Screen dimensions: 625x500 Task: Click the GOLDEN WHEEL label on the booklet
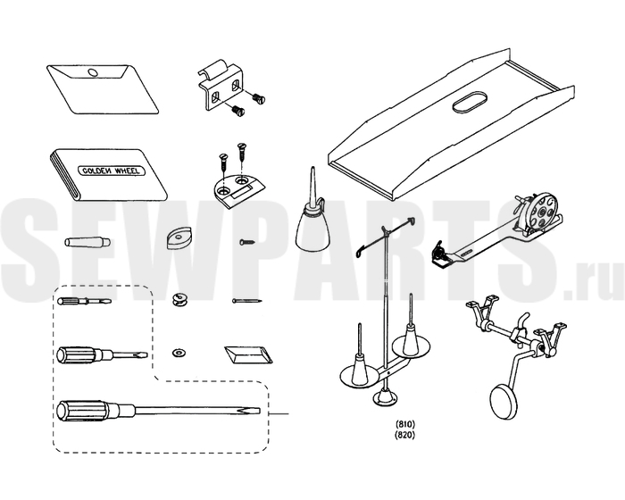pyautogui.click(x=112, y=171)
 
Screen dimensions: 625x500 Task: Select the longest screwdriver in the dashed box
pyautogui.click(x=159, y=411)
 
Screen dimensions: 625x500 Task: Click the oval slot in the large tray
pyautogui.click(x=471, y=104)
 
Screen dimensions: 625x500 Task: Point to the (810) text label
pyautogui.click(x=404, y=424)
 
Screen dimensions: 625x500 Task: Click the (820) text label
pyautogui.click(x=404, y=435)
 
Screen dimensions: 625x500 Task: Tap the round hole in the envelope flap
pyautogui.click(x=92, y=72)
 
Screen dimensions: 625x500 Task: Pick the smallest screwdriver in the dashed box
pyautogui.click(x=85, y=301)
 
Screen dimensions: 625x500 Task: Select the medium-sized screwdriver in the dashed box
pyautogui.click(x=103, y=354)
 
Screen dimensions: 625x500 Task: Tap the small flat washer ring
pyautogui.click(x=177, y=353)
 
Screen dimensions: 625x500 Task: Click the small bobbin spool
pyautogui.click(x=179, y=299)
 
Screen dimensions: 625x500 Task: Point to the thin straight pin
pyautogui.click(x=247, y=301)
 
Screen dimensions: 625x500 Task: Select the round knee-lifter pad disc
pyautogui.click(x=504, y=402)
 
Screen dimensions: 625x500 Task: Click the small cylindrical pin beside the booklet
pyautogui.click(x=87, y=242)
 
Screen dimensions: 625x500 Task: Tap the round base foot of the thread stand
pyautogui.click(x=386, y=397)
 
